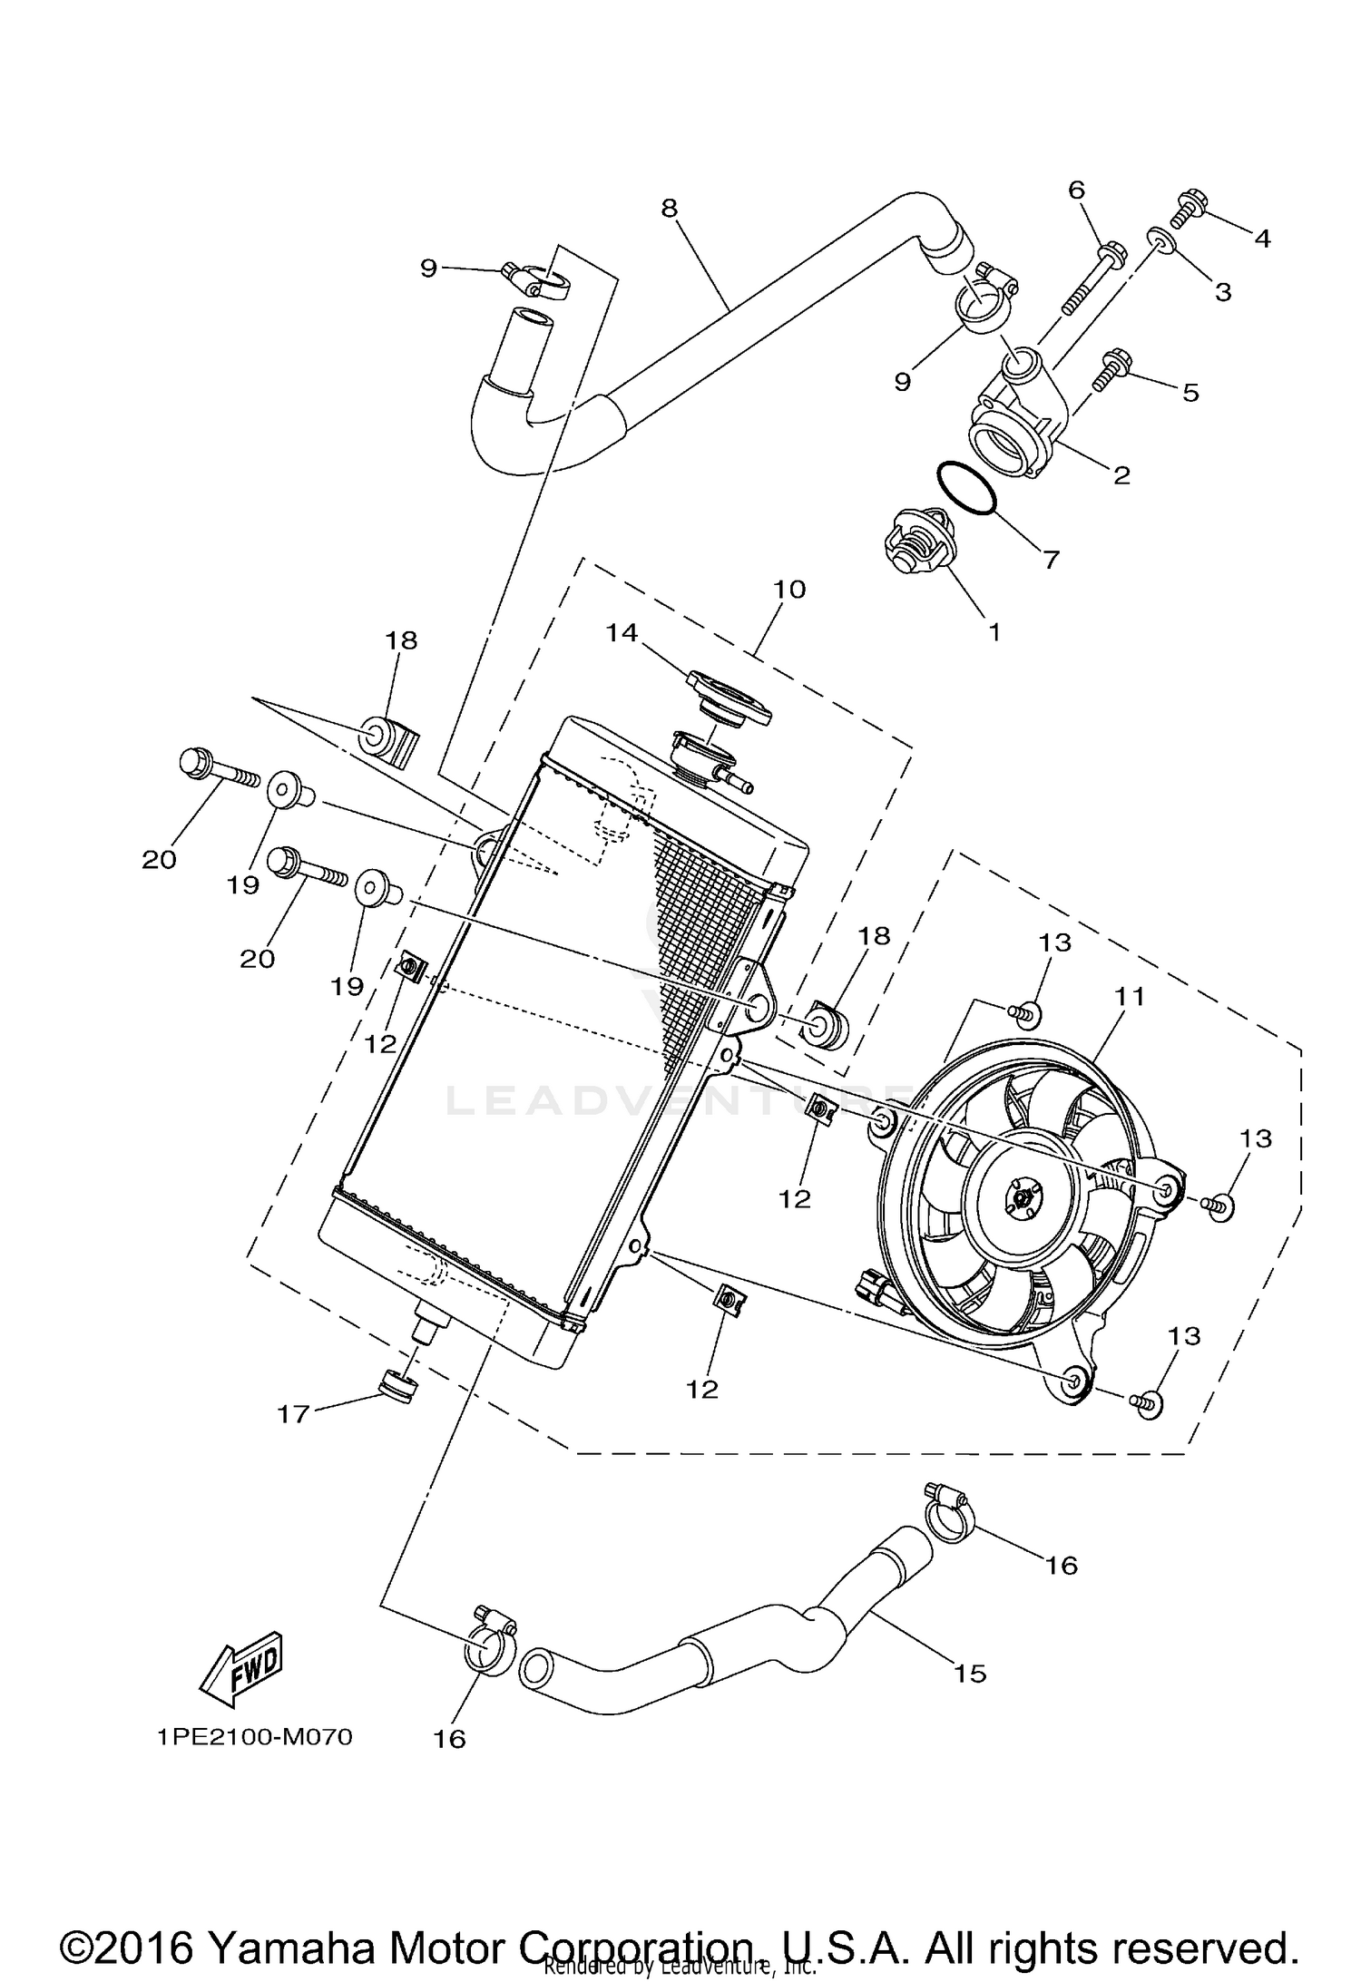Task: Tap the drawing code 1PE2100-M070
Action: [x=254, y=1737]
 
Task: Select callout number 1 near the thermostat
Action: [x=994, y=632]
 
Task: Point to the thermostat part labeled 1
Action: [x=914, y=546]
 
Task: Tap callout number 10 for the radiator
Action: [x=789, y=590]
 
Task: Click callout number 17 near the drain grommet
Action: [x=293, y=1413]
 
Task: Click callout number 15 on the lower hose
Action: [x=970, y=1673]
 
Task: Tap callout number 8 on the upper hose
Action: [x=669, y=209]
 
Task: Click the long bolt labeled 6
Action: [x=1096, y=270]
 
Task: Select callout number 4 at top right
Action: [x=1262, y=239]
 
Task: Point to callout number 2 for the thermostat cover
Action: [x=1121, y=474]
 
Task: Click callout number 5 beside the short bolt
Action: [x=1190, y=393]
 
